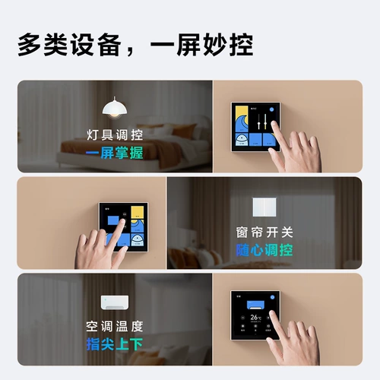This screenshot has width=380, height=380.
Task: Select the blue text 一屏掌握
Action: click(114, 153)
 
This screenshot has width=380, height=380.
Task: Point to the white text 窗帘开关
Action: click(264, 233)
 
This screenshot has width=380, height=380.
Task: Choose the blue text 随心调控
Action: click(264, 249)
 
